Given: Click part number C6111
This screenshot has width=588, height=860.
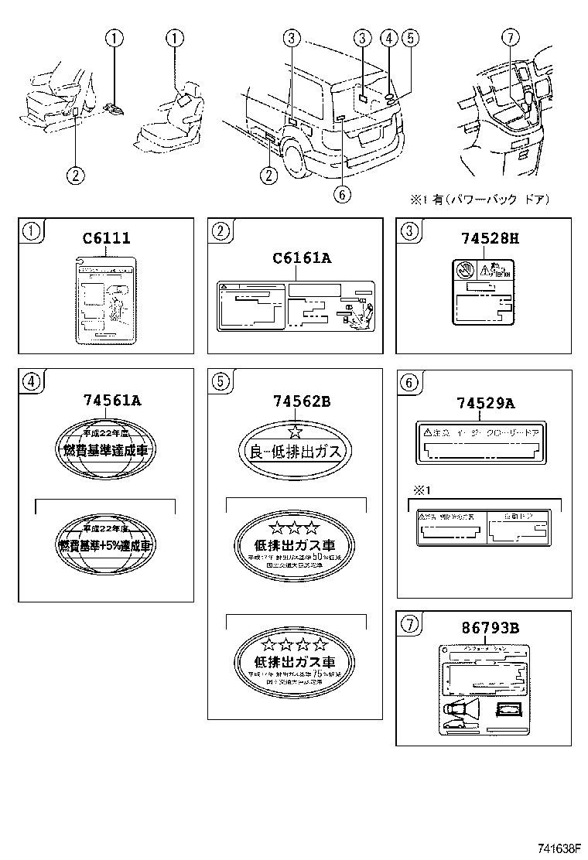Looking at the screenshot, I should tap(106, 240).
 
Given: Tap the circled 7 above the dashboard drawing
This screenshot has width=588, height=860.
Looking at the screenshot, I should tap(508, 37).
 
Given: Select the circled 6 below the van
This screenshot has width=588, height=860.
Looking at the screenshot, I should tap(343, 195).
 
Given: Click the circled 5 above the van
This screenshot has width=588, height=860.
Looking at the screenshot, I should tap(410, 37).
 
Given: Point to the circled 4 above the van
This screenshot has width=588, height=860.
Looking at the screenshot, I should tap(389, 37).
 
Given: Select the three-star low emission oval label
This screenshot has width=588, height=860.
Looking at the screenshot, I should tap(296, 545).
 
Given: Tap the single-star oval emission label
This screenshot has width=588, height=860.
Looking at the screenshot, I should tap(296, 449).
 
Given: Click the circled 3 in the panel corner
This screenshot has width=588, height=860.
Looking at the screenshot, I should tap(409, 229).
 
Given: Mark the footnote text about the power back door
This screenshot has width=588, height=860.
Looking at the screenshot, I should tap(480, 200).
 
